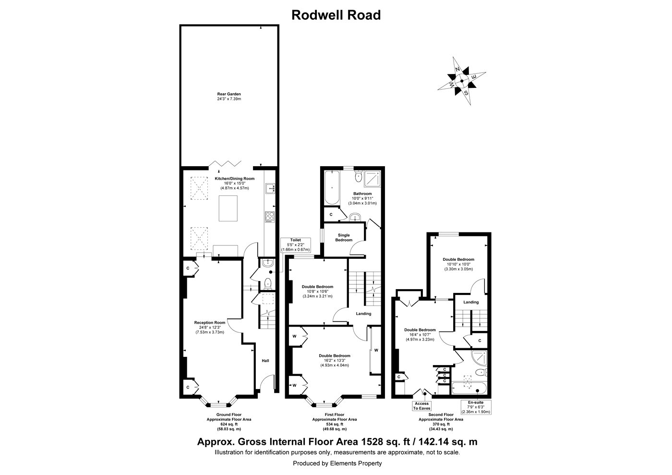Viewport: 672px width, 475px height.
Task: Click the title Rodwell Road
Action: [336, 15]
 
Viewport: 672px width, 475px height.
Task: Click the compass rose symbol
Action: [461, 81]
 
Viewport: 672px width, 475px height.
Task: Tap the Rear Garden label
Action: [229, 97]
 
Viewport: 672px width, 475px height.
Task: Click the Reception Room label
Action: [210, 328]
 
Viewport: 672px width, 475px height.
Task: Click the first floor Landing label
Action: [363, 314]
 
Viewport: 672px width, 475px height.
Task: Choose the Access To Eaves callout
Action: [421, 406]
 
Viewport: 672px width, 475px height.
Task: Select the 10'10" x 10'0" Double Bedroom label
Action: [459, 264]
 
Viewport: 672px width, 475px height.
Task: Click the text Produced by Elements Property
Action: [337, 463]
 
